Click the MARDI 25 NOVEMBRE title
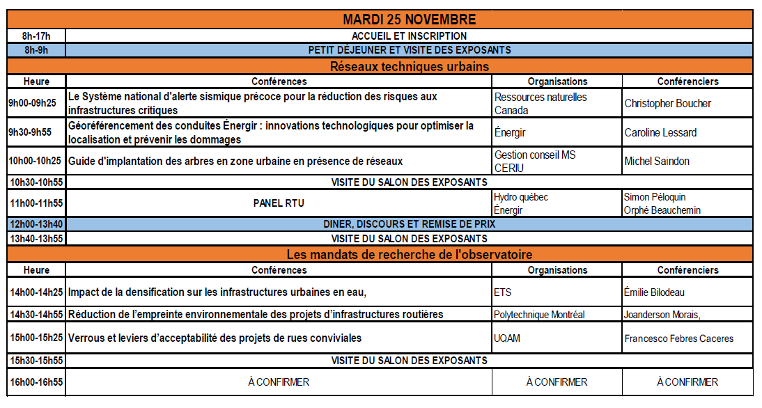[409, 19]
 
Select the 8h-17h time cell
[36, 36]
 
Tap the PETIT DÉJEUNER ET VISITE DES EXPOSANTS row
[409, 50]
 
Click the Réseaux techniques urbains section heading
[409, 67]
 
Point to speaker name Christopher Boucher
[667, 104]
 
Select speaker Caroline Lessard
[660, 132]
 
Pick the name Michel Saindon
[657, 161]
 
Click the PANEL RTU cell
[279, 203]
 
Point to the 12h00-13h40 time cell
[36, 224]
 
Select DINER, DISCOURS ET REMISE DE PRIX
[409, 224]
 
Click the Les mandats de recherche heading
[409, 255]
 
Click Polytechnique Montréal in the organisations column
[538, 315]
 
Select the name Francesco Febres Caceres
[678, 338]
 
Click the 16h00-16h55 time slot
[36, 382]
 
